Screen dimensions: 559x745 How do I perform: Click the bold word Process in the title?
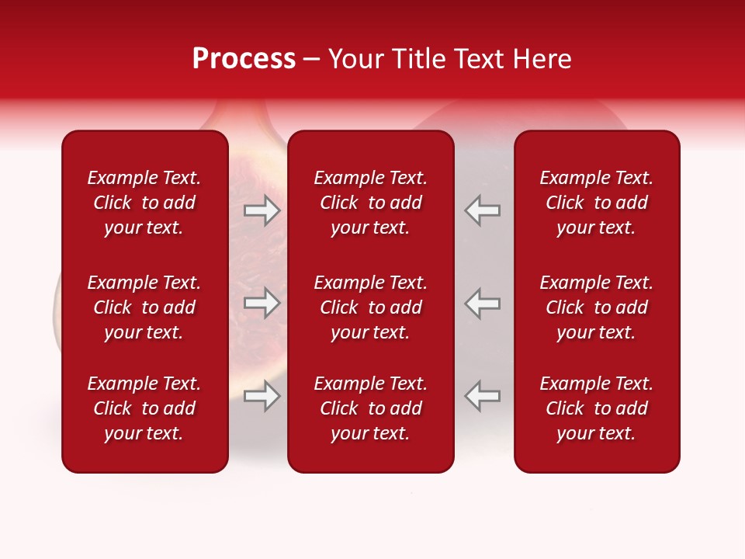click(244, 59)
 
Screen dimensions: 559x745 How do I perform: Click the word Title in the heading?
click(420, 59)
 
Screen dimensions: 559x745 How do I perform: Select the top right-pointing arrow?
click(262, 210)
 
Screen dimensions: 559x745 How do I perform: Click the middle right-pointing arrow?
click(262, 303)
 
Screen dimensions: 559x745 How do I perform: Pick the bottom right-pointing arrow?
click(262, 396)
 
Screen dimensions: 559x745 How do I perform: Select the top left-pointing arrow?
click(482, 210)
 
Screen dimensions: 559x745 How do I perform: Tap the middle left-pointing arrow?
click(482, 303)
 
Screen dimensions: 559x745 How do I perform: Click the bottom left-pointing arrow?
click(482, 396)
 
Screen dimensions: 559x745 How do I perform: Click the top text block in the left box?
click(144, 203)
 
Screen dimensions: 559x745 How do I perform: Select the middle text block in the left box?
click(144, 307)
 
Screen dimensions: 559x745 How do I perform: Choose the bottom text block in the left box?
click(144, 408)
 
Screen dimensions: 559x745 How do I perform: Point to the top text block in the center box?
click(371, 203)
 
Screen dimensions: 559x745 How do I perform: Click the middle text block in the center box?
click(371, 307)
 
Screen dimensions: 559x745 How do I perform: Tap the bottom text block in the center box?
click(371, 408)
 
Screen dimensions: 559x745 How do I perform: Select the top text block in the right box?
click(597, 203)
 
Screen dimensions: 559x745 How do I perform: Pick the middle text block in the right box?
click(597, 307)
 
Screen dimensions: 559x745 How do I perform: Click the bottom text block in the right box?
click(597, 408)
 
